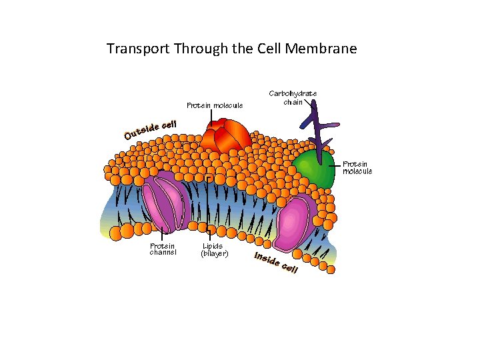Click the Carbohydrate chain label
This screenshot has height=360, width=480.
click(x=293, y=97)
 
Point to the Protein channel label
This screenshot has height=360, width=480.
click(x=163, y=249)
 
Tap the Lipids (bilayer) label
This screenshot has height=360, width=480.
click(x=215, y=249)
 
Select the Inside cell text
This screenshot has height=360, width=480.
click(x=275, y=263)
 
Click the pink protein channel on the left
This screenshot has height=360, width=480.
click(x=163, y=203)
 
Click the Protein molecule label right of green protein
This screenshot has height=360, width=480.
click(x=357, y=167)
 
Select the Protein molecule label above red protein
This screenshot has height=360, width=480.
click(x=215, y=105)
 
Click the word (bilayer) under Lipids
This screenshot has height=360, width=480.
click(x=215, y=253)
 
